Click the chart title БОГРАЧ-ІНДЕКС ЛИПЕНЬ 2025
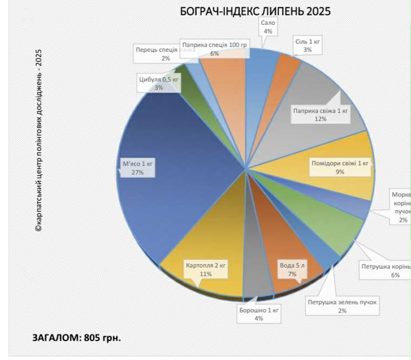[x=255, y=11]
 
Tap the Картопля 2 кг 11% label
[x=205, y=270]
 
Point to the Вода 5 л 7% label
[x=293, y=270]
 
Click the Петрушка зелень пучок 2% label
[x=342, y=306]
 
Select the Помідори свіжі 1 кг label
[x=340, y=167]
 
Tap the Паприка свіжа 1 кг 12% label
[x=321, y=115]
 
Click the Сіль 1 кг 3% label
[x=307, y=45]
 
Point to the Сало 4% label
[x=268, y=27]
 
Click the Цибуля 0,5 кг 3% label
[x=158, y=83]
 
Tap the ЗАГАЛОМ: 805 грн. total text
[x=76, y=338]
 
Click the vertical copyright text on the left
[x=38, y=141]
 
